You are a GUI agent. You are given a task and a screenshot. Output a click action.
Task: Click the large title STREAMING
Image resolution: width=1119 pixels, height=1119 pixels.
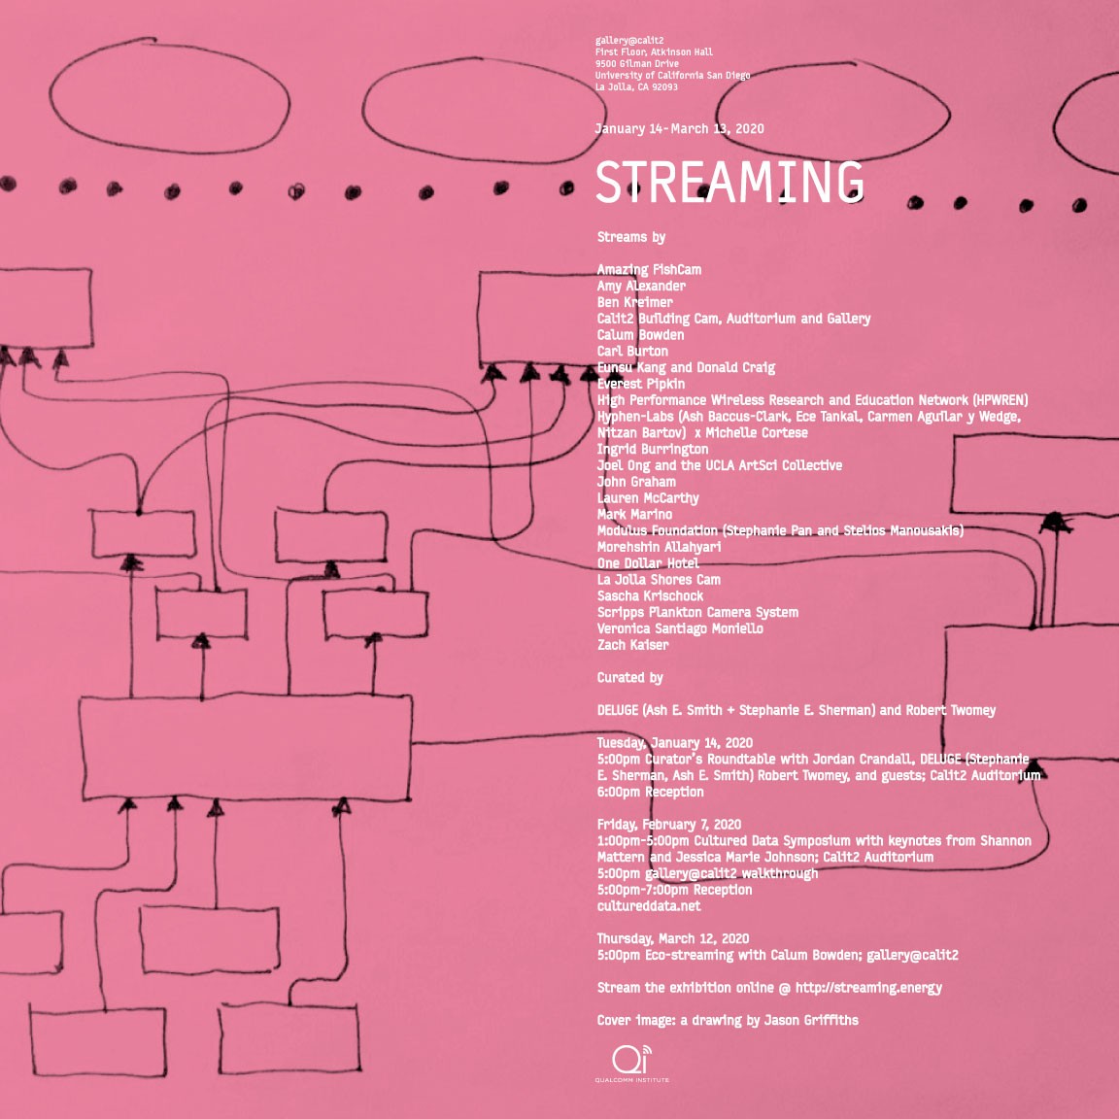tap(729, 182)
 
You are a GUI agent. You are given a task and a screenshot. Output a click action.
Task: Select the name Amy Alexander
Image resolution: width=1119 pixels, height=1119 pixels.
tap(641, 286)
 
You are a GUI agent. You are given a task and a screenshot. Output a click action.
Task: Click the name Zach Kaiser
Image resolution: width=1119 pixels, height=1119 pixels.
tap(632, 645)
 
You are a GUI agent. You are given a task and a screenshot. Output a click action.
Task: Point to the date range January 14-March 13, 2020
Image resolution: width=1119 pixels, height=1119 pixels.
tap(679, 129)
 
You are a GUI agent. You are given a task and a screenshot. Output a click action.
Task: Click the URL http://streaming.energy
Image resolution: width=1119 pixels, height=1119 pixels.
tap(868, 988)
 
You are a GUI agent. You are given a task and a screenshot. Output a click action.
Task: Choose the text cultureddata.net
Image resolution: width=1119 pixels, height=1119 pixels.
tap(648, 906)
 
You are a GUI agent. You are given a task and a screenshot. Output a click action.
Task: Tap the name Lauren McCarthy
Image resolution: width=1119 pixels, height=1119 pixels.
tap(648, 498)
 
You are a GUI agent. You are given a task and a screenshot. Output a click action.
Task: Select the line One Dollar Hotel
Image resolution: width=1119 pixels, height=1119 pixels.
tap(648, 563)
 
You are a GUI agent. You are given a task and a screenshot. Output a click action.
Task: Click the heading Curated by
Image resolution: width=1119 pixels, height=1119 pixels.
tap(629, 678)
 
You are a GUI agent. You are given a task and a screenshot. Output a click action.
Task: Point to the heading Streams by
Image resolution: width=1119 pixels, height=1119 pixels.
tap(630, 237)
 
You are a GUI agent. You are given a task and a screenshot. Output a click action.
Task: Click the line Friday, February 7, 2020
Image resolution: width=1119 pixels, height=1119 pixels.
tap(668, 825)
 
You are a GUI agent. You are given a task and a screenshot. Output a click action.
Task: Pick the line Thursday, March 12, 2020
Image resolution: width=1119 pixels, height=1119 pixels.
tap(672, 939)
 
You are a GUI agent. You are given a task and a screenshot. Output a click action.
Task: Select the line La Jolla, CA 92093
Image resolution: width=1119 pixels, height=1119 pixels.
tap(636, 87)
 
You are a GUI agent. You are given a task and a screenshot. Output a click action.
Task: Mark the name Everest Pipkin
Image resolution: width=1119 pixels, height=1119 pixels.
tap(640, 384)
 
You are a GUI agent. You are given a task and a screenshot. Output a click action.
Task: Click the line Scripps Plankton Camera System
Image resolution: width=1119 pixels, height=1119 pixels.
tap(697, 613)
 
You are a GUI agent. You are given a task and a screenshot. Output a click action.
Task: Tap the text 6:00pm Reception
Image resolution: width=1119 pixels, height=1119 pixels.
tap(650, 793)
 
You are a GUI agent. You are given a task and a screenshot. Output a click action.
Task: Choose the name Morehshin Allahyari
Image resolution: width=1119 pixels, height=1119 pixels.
tap(659, 547)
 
